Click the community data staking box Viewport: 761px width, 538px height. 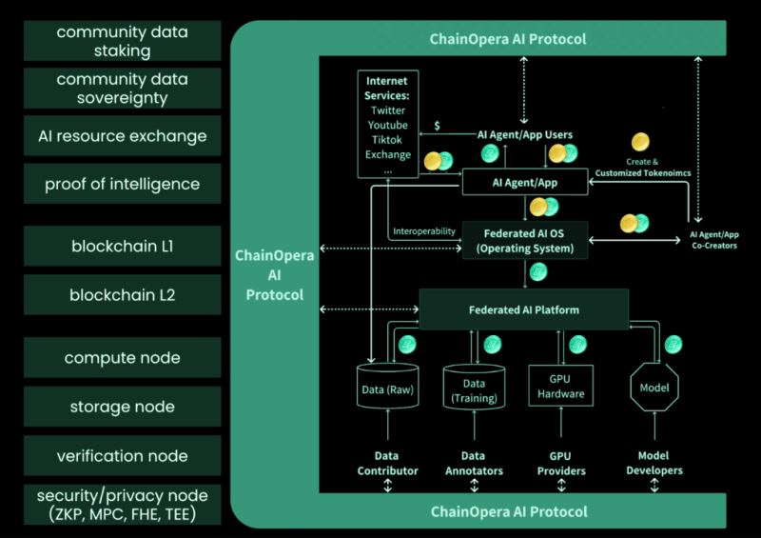pos(122,41)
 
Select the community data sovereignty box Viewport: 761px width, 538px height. pos(122,88)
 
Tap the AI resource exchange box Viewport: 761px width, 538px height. pos(122,135)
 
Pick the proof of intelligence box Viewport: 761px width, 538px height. pos(122,183)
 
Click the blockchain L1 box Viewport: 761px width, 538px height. pos(122,247)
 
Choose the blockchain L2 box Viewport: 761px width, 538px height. pos(122,295)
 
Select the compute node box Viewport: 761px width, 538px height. pos(122,358)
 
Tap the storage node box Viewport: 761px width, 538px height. pos(122,407)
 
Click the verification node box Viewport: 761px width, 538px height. pos(122,455)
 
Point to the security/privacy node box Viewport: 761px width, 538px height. pos(122,505)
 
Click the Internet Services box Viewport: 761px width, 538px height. pos(388,124)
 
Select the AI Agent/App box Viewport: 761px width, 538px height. pos(524,181)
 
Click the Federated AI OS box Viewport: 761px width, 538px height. pos(524,240)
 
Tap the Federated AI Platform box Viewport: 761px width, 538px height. pos(524,309)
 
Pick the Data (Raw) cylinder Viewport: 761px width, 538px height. pos(387,389)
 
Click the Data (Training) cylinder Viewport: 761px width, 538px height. pos(474,389)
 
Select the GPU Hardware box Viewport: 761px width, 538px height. pos(560,387)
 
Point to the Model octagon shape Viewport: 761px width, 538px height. pos(654,388)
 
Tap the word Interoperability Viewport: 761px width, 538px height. pos(423,231)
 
